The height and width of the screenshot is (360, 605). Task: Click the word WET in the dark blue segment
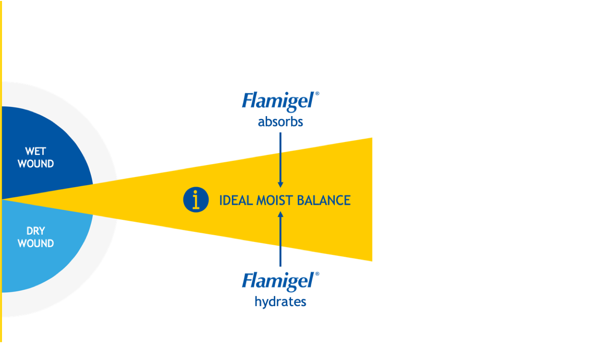[x=36, y=151]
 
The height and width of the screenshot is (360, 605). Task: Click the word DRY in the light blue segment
[x=36, y=231]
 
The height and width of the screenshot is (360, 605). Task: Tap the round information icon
[x=196, y=200]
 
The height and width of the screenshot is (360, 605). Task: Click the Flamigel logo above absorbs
[x=279, y=101]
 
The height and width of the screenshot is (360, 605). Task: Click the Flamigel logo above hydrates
[x=279, y=281]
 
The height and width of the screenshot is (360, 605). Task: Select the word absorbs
[x=280, y=122]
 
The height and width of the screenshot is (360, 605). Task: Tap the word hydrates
[x=280, y=302]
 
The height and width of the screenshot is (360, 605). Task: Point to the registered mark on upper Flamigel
[x=317, y=94]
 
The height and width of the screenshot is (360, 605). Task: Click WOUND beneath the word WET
[x=36, y=164]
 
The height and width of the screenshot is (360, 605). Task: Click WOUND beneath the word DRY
[x=36, y=243]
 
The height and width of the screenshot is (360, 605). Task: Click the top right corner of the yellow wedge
[x=371, y=138]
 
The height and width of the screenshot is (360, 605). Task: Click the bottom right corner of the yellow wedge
[x=371, y=260]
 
